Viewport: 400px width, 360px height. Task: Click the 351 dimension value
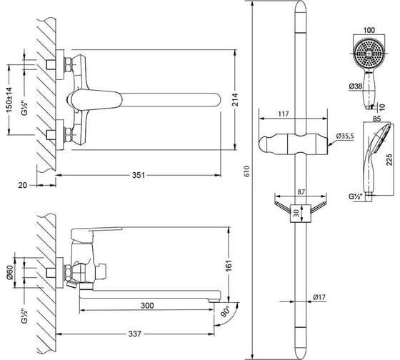click(x=139, y=175)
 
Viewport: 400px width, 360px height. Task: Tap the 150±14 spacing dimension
click(x=9, y=100)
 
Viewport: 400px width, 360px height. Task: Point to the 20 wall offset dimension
click(x=22, y=185)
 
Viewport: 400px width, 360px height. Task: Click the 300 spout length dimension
click(x=147, y=306)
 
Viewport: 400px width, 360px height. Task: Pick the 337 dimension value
click(x=134, y=334)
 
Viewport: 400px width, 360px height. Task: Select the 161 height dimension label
click(x=229, y=266)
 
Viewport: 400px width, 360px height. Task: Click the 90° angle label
click(x=225, y=311)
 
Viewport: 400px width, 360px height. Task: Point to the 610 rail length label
click(x=247, y=171)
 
